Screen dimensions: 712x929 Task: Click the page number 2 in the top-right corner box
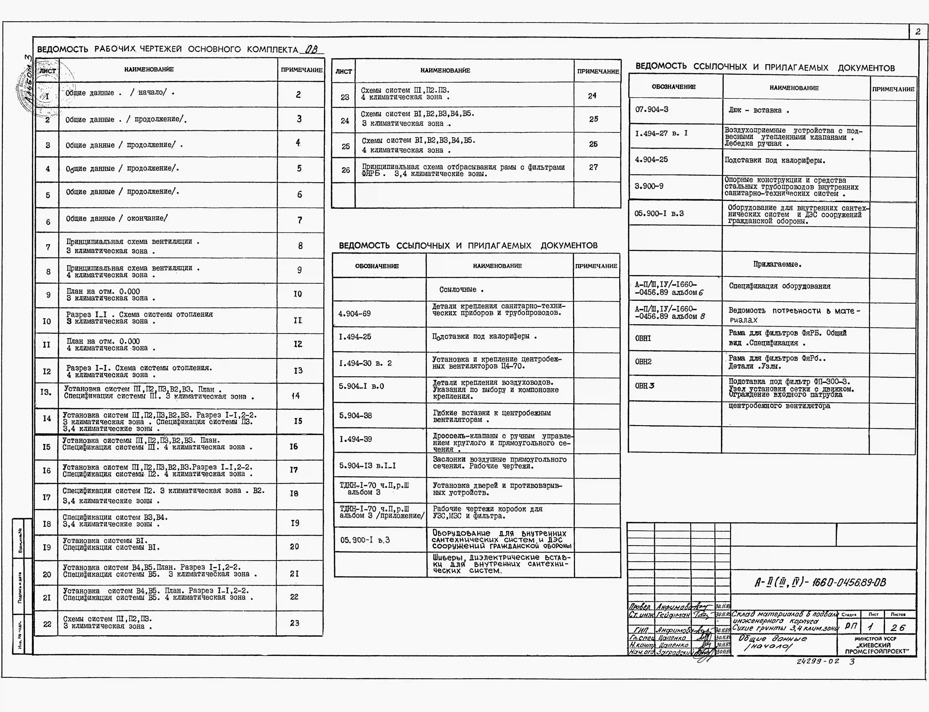point(918,32)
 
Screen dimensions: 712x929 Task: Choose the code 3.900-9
point(649,186)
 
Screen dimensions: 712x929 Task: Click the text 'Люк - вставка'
point(758,110)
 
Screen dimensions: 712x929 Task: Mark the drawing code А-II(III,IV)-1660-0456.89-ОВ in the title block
point(820,583)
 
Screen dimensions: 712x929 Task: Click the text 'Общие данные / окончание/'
point(116,218)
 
